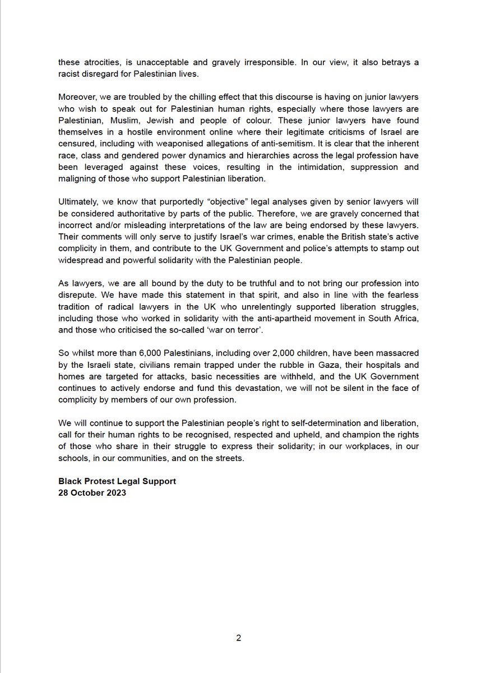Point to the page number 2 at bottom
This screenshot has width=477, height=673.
(x=238, y=638)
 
